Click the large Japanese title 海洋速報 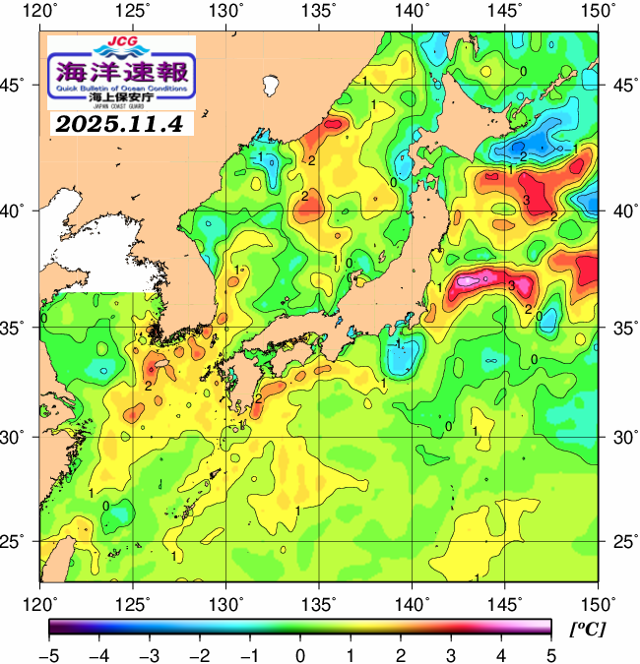(121, 70)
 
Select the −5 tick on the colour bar (50, 655)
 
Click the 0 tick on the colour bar (299, 655)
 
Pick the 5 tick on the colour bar (549, 655)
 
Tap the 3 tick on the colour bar (450, 655)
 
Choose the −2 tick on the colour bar (200, 655)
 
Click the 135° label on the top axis (320, 11)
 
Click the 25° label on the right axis (622, 541)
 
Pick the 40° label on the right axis (622, 211)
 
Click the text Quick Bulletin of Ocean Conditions (121, 88)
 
